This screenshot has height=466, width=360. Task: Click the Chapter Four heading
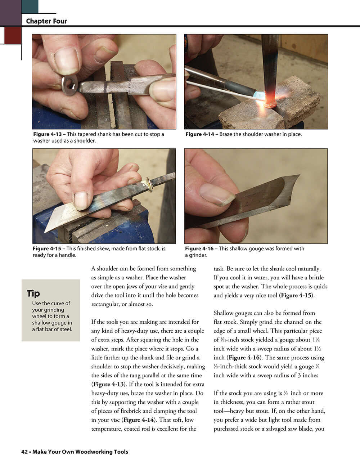pyautogui.click(x=46, y=21)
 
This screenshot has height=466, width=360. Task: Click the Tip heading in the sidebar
pyautogui.click(x=33, y=294)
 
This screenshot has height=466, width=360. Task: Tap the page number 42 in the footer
pyautogui.click(x=25, y=452)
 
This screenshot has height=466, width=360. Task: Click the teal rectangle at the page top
pyautogui.click(x=30, y=6)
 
